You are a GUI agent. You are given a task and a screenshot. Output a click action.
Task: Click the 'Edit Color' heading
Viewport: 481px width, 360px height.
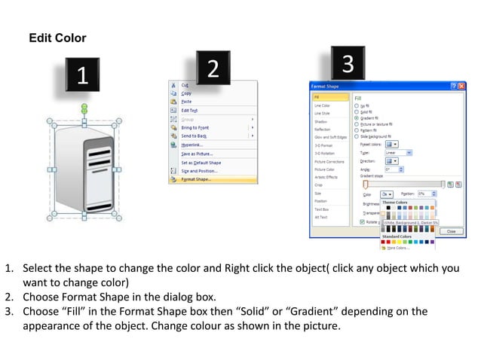click(57, 38)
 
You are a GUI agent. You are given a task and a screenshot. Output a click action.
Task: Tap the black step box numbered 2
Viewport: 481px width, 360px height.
click(213, 69)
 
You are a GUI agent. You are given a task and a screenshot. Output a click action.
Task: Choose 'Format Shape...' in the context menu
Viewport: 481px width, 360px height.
click(197, 179)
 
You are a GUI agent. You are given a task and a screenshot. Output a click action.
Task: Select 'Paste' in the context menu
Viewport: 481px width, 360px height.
click(186, 102)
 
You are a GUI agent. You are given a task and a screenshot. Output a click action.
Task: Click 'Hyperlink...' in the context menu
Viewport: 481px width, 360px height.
click(194, 145)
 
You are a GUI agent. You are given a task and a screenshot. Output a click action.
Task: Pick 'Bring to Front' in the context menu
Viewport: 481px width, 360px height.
click(195, 127)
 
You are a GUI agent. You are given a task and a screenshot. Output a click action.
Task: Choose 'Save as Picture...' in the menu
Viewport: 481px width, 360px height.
click(197, 154)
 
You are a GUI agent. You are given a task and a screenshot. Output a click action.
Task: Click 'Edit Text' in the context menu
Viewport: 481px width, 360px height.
click(189, 110)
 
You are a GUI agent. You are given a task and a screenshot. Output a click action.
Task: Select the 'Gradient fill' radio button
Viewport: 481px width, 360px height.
click(356, 118)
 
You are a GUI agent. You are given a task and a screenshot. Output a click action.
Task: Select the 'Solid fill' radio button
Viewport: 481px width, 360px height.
click(356, 111)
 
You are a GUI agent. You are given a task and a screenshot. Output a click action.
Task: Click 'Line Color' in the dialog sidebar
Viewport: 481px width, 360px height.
click(323, 105)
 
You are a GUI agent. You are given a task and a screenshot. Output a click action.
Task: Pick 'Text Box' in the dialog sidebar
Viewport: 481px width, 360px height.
click(322, 209)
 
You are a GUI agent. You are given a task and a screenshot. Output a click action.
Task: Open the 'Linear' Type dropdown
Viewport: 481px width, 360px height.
click(397, 152)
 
